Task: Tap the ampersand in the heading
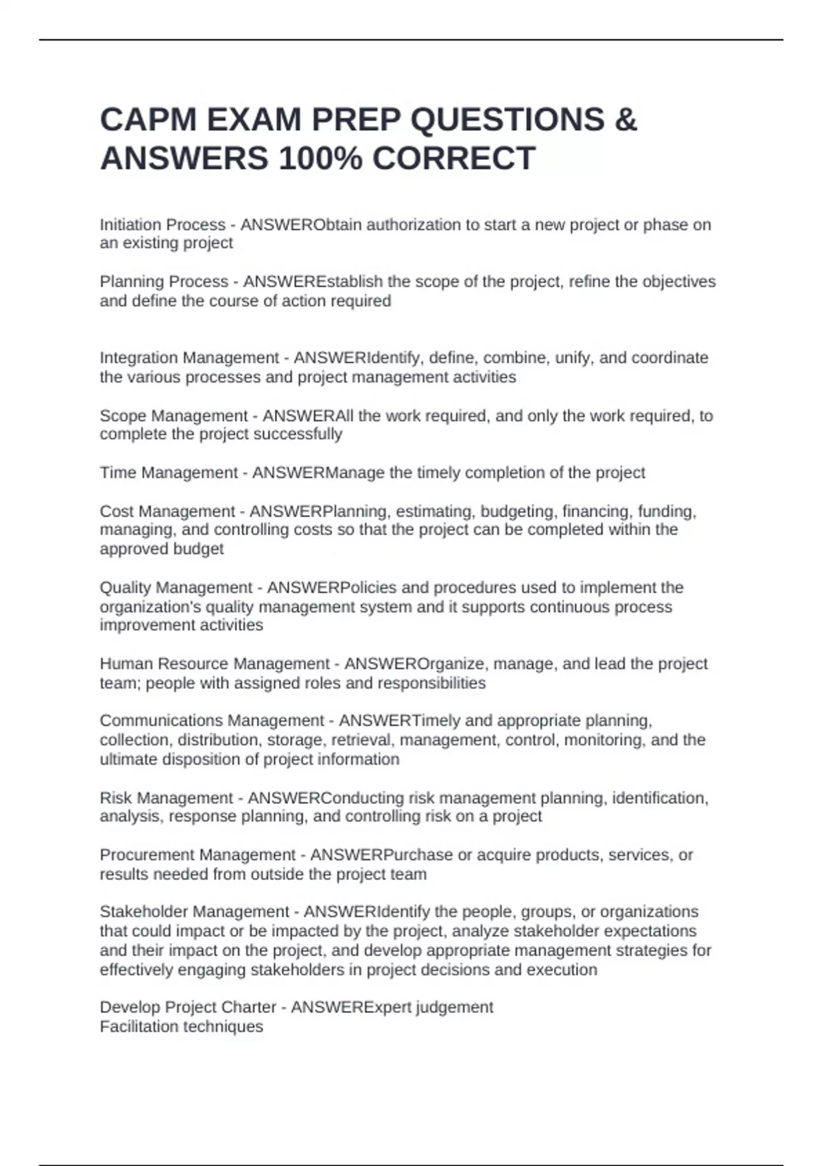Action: [625, 120]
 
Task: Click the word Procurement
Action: [140, 855]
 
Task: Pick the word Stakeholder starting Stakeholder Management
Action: [141, 912]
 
